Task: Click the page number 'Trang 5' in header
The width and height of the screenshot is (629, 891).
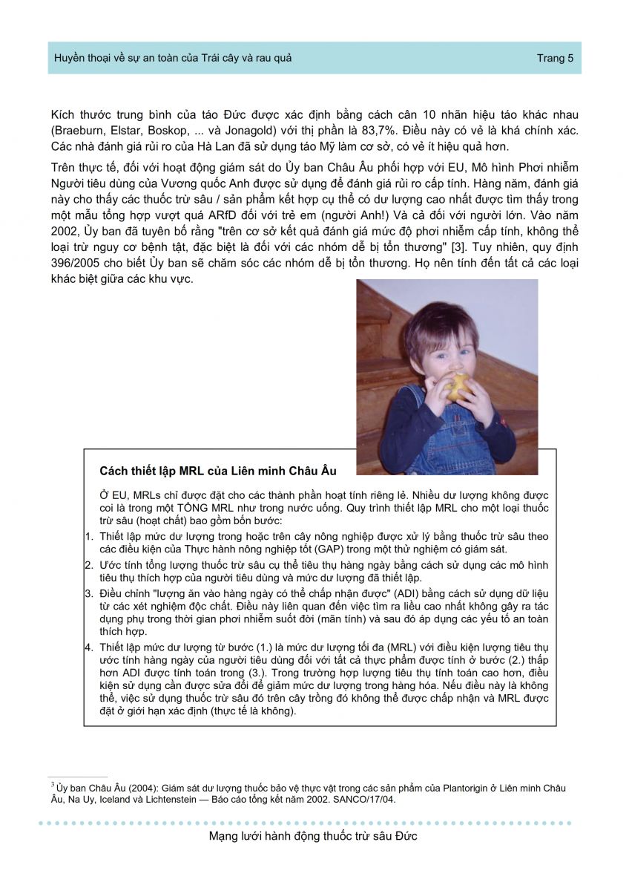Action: click(555, 59)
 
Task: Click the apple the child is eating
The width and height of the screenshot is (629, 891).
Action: click(459, 385)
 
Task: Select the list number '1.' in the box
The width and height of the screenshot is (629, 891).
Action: click(89, 536)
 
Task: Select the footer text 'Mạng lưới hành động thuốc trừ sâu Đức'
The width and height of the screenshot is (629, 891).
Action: click(314, 837)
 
